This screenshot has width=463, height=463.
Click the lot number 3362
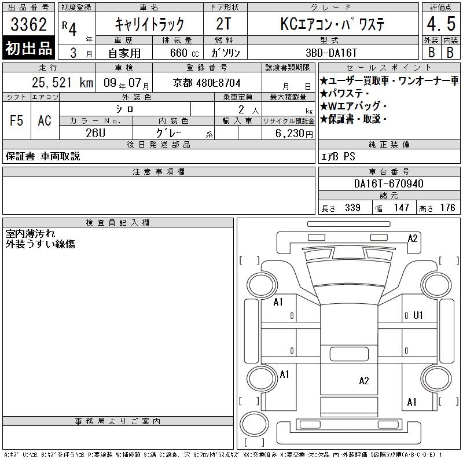click(28, 24)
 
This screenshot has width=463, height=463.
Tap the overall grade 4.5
click(441, 24)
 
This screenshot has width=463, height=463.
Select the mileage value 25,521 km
click(63, 82)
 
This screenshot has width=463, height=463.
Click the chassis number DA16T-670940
click(388, 183)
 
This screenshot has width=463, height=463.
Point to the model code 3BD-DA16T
click(331, 53)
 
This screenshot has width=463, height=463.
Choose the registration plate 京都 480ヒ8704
click(207, 83)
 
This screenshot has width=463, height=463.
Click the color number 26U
click(95, 133)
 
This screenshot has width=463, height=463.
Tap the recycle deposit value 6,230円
click(294, 134)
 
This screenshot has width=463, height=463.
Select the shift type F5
click(16, 120)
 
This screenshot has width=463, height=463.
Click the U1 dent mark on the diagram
click(418, 315)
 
